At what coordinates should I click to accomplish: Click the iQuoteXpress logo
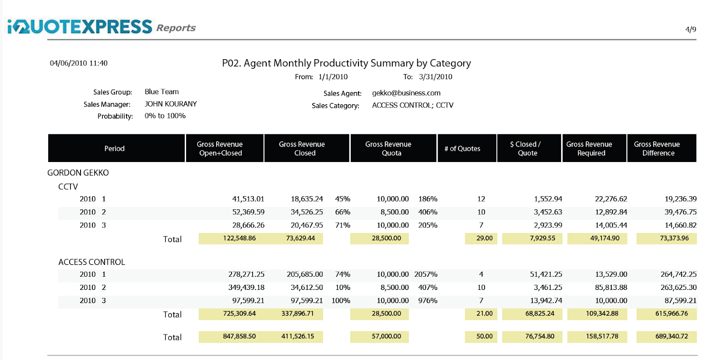[80, 27]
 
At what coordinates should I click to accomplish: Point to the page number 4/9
[690, 30]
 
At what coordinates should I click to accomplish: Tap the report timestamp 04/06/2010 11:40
[79, 63]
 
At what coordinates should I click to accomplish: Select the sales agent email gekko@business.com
[406, 93]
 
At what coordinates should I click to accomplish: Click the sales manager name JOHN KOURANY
[171, 104]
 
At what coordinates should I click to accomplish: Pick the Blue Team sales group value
[162, 91]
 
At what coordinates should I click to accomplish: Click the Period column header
[114, 148]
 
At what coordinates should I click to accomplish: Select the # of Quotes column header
[462, 148]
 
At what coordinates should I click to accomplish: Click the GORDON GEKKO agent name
[78, 173]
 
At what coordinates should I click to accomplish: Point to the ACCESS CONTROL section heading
[91, 262]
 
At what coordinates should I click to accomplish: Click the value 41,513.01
[248, 199]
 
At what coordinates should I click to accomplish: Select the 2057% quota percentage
[425, 274]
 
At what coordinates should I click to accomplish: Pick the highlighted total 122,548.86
[239, 238]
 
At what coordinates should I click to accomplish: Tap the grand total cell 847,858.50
[239, 336]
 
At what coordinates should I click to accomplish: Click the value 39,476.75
[680, 212]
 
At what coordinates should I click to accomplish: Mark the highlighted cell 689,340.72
[672, 336]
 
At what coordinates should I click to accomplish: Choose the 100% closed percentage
[341, 301]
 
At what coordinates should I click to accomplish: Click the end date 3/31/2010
[435, 77]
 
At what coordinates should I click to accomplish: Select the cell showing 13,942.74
[546, 301]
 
